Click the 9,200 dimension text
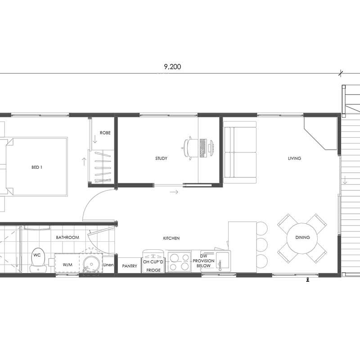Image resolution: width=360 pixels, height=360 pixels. pyautogui.click(x=172, y=67)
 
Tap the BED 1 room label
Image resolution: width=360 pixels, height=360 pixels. pyautogui.click(x=37, y=167)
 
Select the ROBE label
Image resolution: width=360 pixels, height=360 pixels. pyautogui.click(x=105, y=133)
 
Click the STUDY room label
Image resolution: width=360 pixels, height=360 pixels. pyautogui.click(x=161, y=158)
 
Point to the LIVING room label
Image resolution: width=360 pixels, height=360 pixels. pyautogui.click(x=295, y=158)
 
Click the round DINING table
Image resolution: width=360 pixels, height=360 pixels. pyautogui.click(x=302, y=238)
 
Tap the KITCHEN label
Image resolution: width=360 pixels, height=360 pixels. pyautogui.click(x=171, y=238)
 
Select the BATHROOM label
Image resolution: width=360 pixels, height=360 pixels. pyautogui.click(x=67, y=238)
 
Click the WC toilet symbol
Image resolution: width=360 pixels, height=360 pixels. pyautogui.click(x=38, y=260)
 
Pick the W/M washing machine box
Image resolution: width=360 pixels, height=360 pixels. pyautogui.click(x=67, y=263)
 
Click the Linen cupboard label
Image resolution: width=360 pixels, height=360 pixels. pyautogui.click(x=108, y=265)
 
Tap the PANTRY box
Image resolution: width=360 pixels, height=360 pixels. pyautogui.click(x=129, y=265)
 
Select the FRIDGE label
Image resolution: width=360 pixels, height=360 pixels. pyautogui.click(x=153, y=270)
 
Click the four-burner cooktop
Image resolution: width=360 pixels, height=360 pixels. pyautogui.click(x=179, y=262)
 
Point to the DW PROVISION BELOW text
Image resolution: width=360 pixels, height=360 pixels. pyautogui.click(x=203, y=261)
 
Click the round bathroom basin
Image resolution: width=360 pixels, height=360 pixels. pyautogui.click(x=91, y=263)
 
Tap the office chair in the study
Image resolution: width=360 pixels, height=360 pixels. pyautogui.click(x=190, y=148)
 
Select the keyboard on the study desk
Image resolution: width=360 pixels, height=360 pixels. pyautogui.click(x=203, y=148)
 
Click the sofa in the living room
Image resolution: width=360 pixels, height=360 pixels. pyautogui.click(x=240, y=153)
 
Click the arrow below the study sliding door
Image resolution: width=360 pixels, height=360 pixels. pyautogui.click(x=174, y=192)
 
